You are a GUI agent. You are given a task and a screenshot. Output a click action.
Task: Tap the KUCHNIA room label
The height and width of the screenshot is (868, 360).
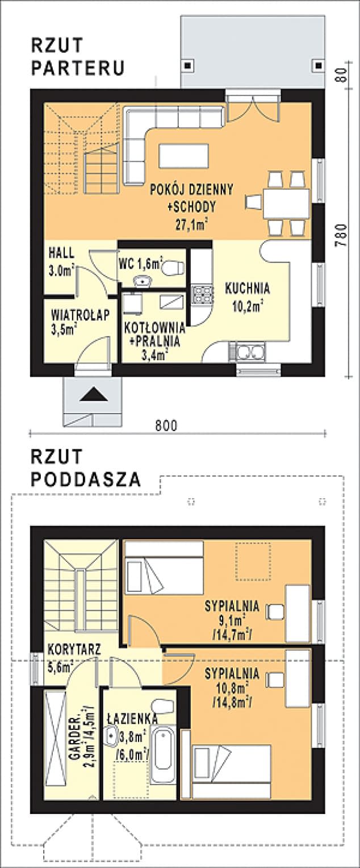(247, 288)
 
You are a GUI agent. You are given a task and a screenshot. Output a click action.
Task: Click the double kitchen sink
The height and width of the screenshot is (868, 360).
(248, 352)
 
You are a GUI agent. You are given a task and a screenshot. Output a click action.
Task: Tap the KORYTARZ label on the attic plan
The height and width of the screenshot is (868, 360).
(74, 649)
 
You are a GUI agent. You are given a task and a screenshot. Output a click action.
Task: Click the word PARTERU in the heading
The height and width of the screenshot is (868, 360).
(78, 68)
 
